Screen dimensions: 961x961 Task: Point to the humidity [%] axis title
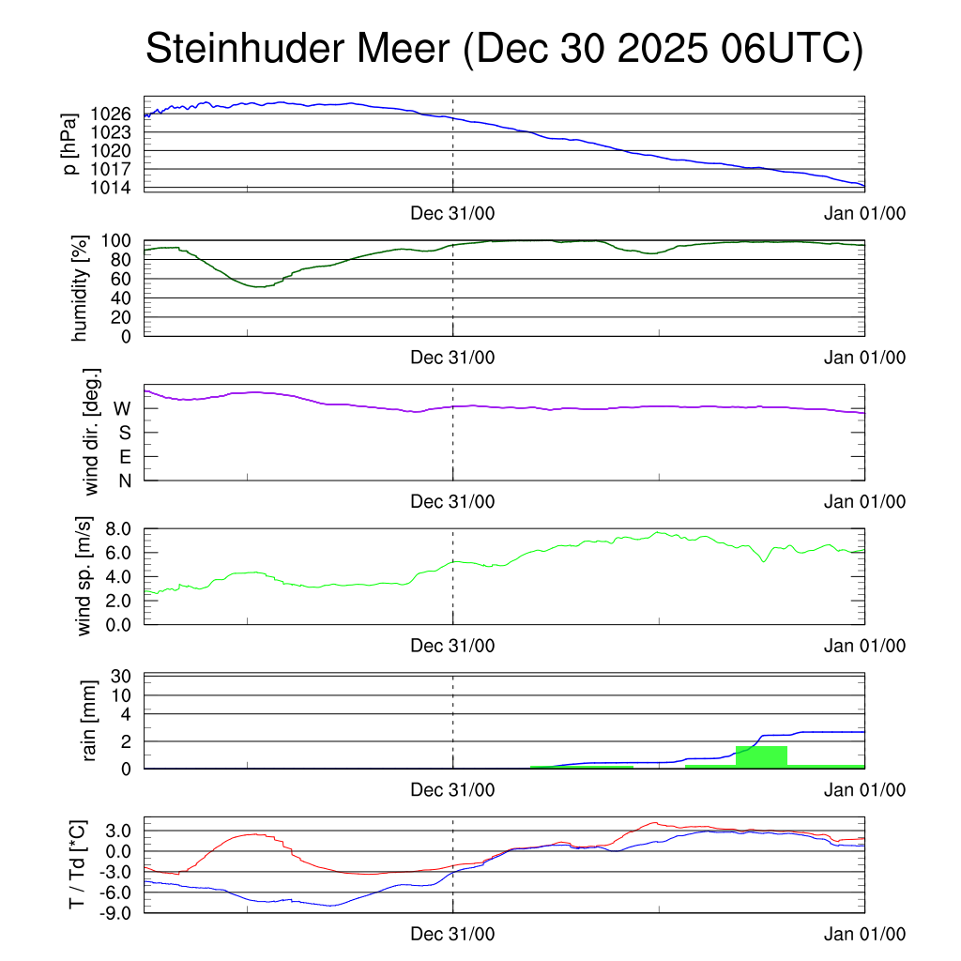click(81, 288)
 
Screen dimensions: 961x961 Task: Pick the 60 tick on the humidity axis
click(120, 279)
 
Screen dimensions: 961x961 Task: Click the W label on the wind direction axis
click(122, 408)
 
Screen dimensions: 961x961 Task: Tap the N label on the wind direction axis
click(124, 480)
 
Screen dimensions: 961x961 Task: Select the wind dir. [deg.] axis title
click(91, 433)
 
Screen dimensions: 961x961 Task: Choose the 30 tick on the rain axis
click(122, 676)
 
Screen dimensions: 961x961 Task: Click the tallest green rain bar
click(761, 756)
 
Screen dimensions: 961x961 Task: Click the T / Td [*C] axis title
click(78, 864)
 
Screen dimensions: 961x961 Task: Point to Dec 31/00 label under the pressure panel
click(452, 212)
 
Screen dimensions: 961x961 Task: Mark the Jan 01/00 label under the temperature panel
click(864, 935)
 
